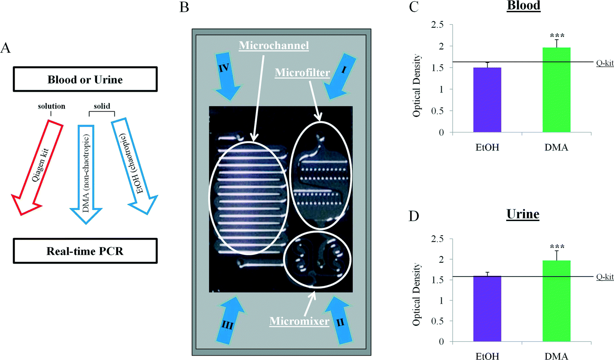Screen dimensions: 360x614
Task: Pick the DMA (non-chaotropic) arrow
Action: click(87, 173)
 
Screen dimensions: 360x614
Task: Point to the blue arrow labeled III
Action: click(224, 318)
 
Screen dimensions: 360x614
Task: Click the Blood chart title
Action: click(526, 8)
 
